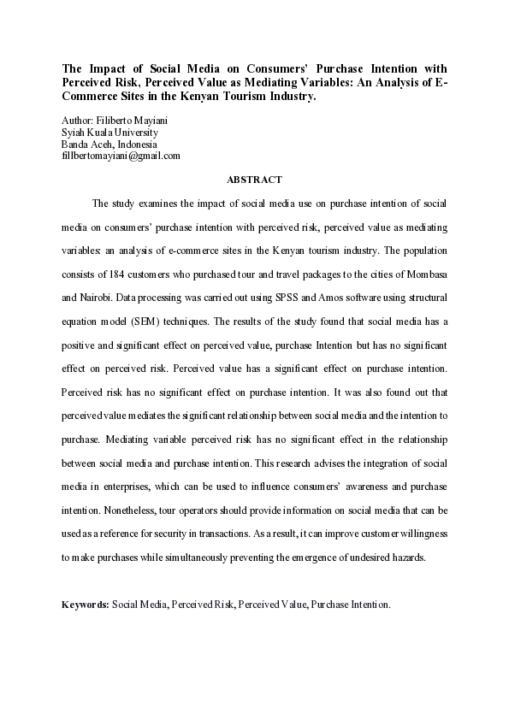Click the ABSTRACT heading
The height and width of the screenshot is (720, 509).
pyautogui.click(x=254, y=180)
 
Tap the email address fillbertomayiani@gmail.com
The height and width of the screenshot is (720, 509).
pyautogui.click(x=121, y=156)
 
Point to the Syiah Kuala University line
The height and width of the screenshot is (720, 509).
pyautogui.click(x=109, y=133)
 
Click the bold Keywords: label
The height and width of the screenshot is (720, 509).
pyautogui.click(x=86, y=604)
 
